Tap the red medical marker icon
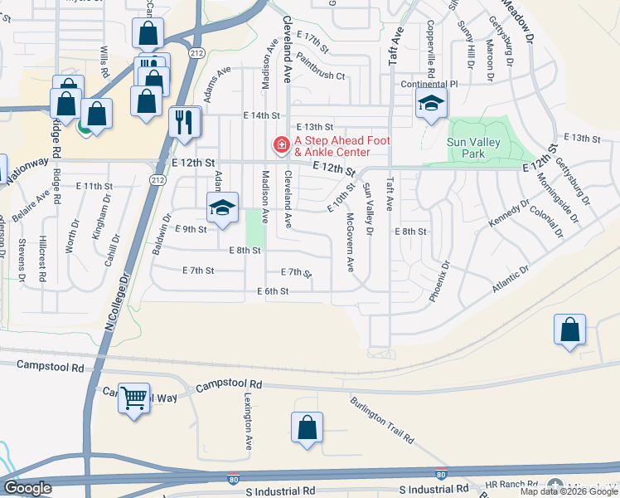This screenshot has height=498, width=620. pyautogui.click(x=282, y=146)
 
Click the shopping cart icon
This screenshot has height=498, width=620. pyautogui.click(x=134, y=398)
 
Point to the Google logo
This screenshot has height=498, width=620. pyautogui.click(x=27, y=488)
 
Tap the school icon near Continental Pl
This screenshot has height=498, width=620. pyautogui.click(x=431, y=105)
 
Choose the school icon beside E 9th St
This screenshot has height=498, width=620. pyautogui.click(x=222, y=208)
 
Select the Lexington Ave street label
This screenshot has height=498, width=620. pyautogui.click(x=248, y=422)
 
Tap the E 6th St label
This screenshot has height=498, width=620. pyautogui.click(x=273, y=291)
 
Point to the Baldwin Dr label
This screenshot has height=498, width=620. pyautogui.click(x=161, y=237)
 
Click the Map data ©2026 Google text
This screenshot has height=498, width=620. pyautogui.click(x=569, y=491)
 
